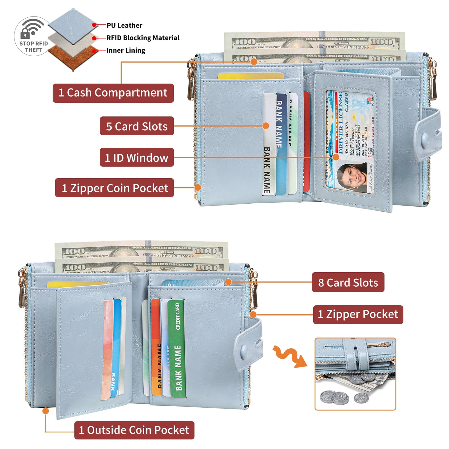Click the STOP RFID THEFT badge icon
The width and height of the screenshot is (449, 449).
(x=33, y=36)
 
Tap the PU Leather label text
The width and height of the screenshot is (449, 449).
(x=124, y=25)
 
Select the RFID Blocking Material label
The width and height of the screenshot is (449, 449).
(x=143, y=38)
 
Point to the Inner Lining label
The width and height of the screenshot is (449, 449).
(x=126, y=50)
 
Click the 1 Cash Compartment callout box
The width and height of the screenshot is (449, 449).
(x=113, y=93)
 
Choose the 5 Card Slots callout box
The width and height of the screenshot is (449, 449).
(x=137, y=126)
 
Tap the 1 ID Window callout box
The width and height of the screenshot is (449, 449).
(x=137, y=157)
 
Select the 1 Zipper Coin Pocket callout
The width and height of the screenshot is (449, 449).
(x=114, y=188)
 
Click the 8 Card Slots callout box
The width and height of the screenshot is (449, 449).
(x=348, y=283)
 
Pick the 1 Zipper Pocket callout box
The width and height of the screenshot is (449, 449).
(x=358, y=314)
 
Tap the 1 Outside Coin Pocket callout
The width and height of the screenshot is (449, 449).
(x=134, y=430)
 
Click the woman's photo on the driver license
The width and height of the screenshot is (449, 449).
(x=352, y=177)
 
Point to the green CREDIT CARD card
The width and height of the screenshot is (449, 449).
(x=177, y=348)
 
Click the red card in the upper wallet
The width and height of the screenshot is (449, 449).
(x=307, y=141)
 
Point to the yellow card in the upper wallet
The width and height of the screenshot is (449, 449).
(x=250, y=76)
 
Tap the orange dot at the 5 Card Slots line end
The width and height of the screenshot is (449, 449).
(x=266, y=126)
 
